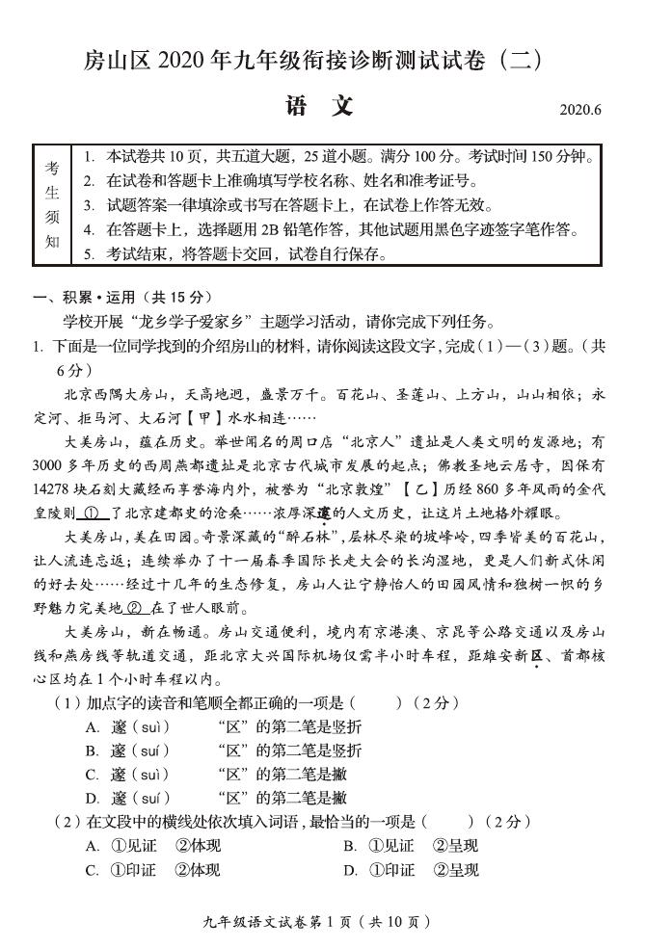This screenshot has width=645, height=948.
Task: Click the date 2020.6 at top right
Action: pyautogui.click(x=580, y=109)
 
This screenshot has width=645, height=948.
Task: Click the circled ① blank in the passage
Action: pyautogui.click(x=92, y=513)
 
